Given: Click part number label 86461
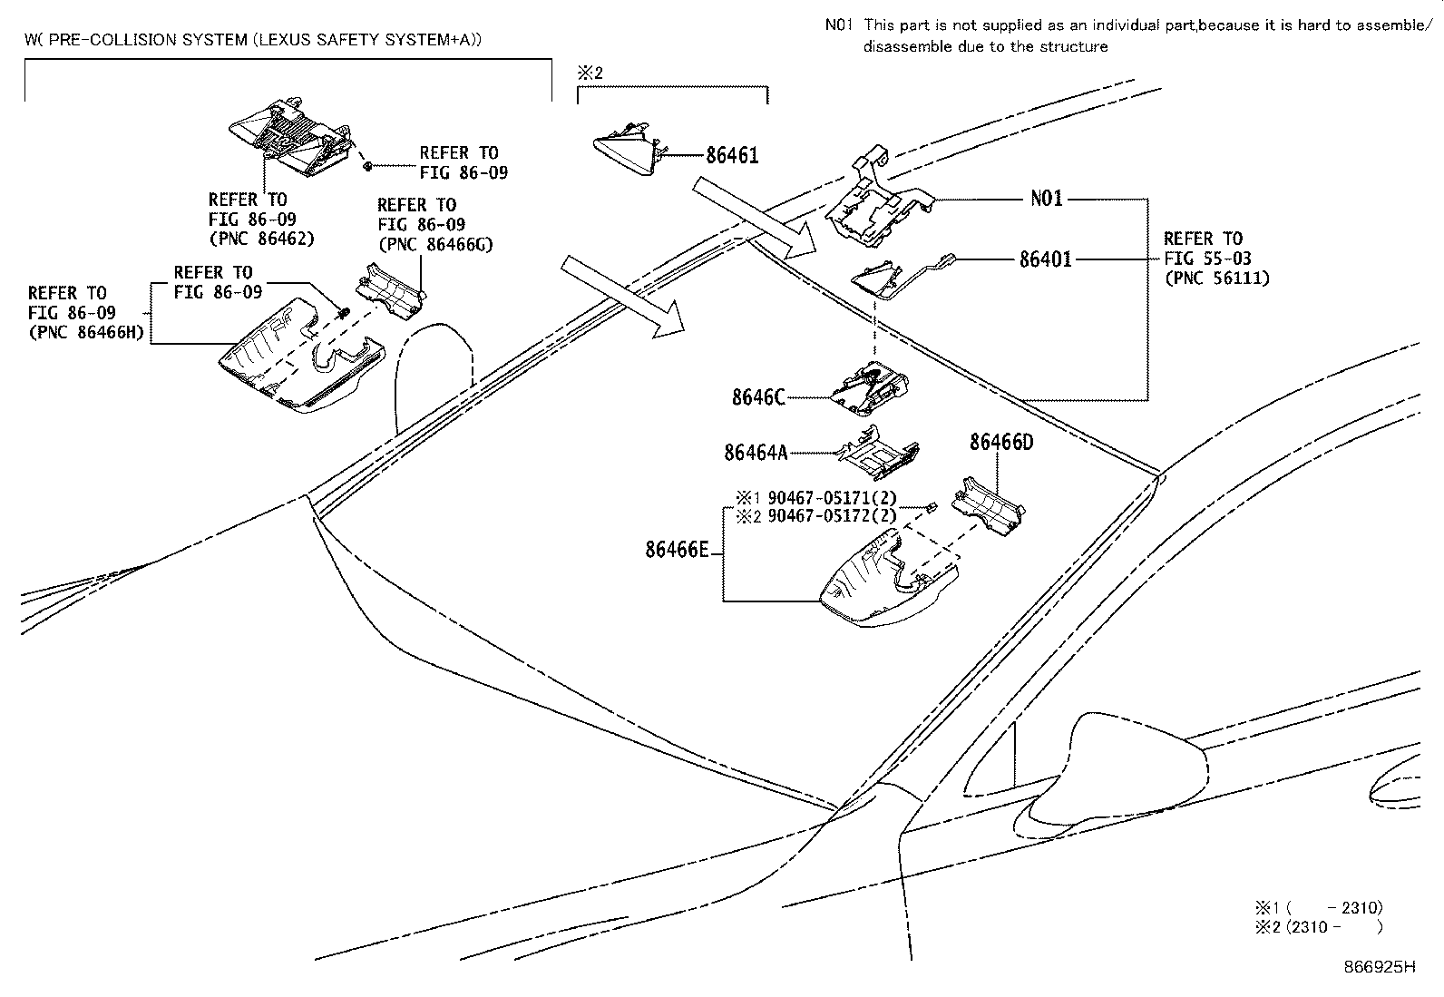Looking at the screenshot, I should point(732,156).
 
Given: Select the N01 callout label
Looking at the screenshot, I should point(1046,198).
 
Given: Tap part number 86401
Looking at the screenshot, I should point(1045,259).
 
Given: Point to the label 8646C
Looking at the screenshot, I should point(758,397).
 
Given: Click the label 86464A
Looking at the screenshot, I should point(756,452).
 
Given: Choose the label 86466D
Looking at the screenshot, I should point(1001,443).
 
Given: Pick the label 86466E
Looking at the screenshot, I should point(677,550).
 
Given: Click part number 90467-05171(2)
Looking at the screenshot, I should point(831,498).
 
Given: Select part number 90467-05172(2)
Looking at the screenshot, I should point(831,516).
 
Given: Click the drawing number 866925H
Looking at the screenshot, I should point(1379,967).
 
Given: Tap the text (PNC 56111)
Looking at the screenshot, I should point(1216,279).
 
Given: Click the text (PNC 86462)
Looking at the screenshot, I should point(261,239).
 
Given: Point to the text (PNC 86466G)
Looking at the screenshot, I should point(434,244).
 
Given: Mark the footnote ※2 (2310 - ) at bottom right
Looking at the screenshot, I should point(1319,927).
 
